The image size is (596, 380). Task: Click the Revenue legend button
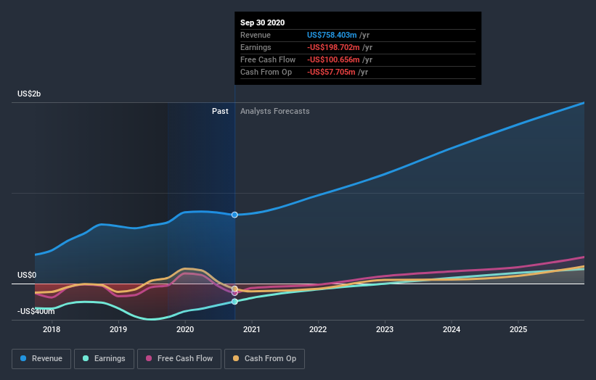coord(42,358)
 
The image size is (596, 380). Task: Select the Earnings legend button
coord(104,358)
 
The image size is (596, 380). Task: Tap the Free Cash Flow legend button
coord(180,358)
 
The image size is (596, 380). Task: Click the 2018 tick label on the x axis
coord(52,331)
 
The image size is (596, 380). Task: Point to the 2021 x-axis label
coord(252,331)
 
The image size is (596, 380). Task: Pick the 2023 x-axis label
coord(385,331)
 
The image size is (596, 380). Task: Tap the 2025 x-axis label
coord(518,331)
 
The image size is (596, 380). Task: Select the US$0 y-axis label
coord(27,276)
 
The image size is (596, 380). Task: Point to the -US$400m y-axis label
coord(36,311)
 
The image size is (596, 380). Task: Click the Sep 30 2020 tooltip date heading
coord(263,22)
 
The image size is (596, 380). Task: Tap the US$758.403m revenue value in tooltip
coord(332,35)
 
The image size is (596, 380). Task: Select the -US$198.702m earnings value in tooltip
coord(332,47)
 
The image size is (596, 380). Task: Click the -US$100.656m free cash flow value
coord(332,59)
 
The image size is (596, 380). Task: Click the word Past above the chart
coord(220,111)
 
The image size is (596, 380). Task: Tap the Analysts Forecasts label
coord(274,111)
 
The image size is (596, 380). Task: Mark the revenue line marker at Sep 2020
coord(234,215)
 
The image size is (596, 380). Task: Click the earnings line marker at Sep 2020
coord(234,301)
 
